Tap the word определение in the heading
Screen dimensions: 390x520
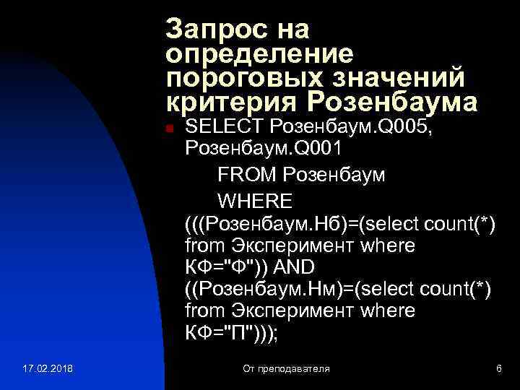click(x=259, y=54)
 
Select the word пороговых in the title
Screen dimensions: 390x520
click(x=233, y=78)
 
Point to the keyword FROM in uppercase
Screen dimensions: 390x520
click(x=247, y=175)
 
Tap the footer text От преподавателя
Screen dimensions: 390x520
click(x=286, y=369)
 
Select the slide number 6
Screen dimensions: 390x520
click(x=498, y=369)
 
